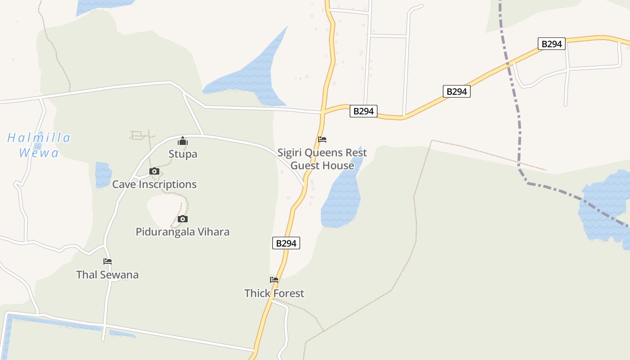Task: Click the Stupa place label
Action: (183, 154)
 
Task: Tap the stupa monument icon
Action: (182, 141)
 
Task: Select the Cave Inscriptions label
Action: (154, 184)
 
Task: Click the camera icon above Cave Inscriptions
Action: (154, 171)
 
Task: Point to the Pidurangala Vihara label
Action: (183, 232)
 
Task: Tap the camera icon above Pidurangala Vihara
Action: (182, 219)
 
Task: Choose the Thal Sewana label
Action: (108, 274)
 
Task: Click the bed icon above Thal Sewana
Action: (108, 261)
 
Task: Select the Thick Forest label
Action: (274, 293)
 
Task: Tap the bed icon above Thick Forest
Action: (274, 280)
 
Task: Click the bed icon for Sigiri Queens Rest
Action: (322, 139)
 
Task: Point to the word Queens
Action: (321, 153)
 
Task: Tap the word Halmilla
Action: (39, 138)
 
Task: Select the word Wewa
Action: (39, 153)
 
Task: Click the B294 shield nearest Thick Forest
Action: (286, 243)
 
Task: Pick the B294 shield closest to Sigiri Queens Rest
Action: (363, 111)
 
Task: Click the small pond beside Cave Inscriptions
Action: (103, 174)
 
